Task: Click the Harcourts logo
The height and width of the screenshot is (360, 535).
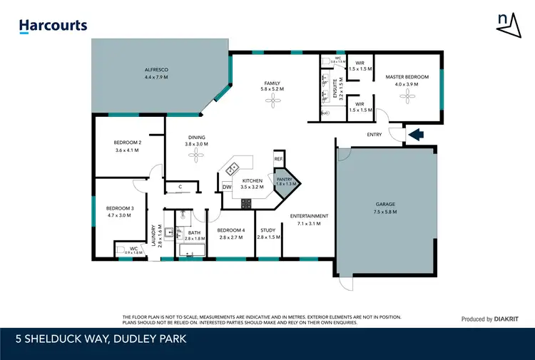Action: pos(53,26)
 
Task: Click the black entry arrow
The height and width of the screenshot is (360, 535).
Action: pos(414,133)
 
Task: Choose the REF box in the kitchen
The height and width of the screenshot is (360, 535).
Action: pos(279,159)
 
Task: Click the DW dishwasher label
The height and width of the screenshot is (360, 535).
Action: pos(226,187)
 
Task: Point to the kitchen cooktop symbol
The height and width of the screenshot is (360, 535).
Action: pos(246,203)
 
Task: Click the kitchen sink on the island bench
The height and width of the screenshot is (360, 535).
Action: pos(233,168)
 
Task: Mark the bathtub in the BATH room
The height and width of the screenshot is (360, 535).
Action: pos(192,250)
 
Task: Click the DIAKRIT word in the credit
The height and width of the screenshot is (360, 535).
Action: pos(510,319)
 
